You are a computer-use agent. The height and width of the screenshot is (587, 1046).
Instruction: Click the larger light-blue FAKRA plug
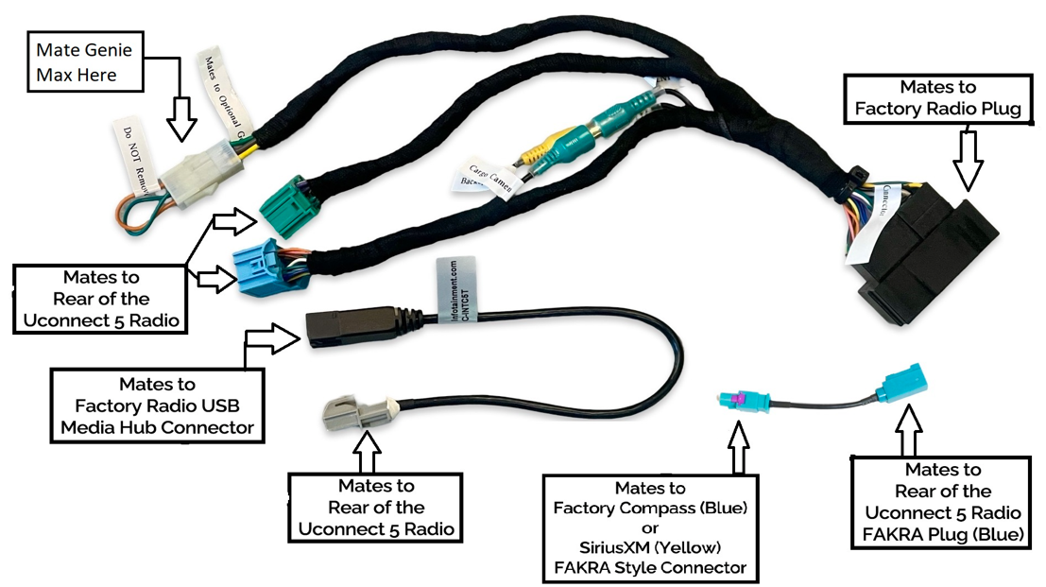click(901, 383)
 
